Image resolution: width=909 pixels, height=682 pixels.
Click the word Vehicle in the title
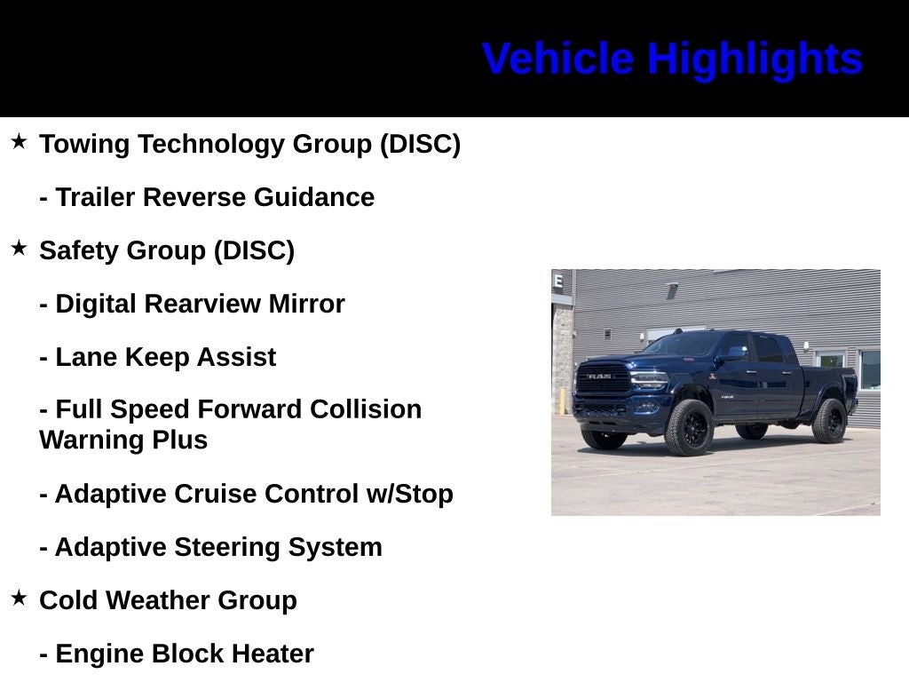(x=557, y=59)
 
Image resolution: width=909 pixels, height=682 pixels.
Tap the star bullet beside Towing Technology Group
(x=20, y=141)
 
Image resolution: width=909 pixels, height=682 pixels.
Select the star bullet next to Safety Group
(x=20, y=248)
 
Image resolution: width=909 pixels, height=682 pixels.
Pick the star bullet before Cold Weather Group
(x=20, y=598)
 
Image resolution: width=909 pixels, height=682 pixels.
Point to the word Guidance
(x=314, y=197)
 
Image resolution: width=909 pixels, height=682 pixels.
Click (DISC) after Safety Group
(x=254, y=251)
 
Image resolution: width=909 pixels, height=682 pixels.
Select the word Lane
(x=86, y=357)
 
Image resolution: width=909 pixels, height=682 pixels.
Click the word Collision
(x=366, y=409)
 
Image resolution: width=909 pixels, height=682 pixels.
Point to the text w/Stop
(x=410, y=494)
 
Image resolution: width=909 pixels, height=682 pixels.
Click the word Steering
(x=227, y=548)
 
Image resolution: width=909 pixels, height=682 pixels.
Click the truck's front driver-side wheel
(x=689, y=427)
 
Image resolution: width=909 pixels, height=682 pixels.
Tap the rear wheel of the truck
(x=830, y=420)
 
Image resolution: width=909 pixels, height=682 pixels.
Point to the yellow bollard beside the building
(x=561, y=400)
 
